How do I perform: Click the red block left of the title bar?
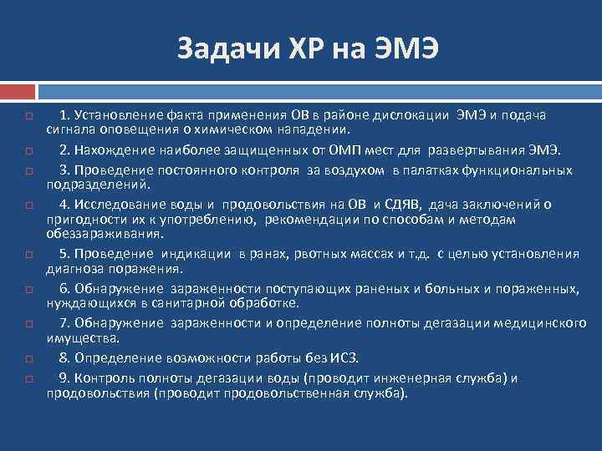17,89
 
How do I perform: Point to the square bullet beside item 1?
28,115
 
